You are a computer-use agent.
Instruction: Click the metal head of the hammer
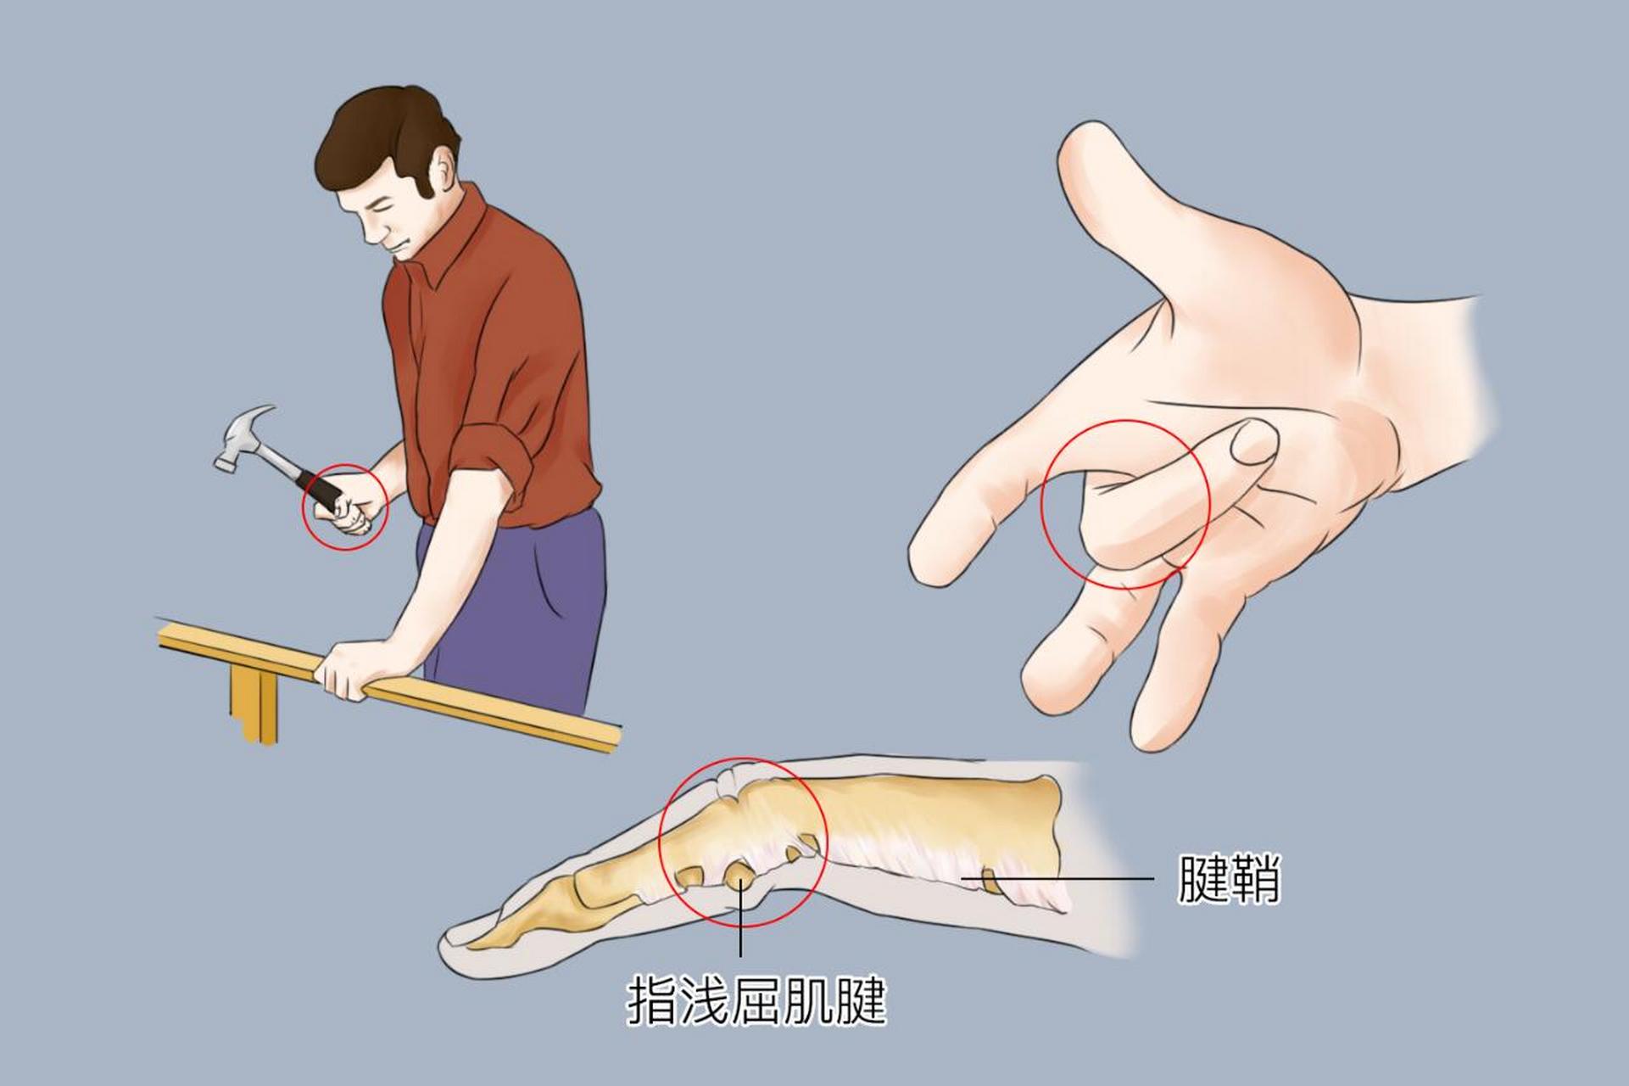[x=243, y=437]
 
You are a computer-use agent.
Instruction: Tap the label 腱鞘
[x=1228, y=878]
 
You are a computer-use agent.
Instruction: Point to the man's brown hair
[x=382, y=136]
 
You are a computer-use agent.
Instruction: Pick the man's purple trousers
[x=526, y=611]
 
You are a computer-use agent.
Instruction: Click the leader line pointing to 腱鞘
[x=1060, y=878]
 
